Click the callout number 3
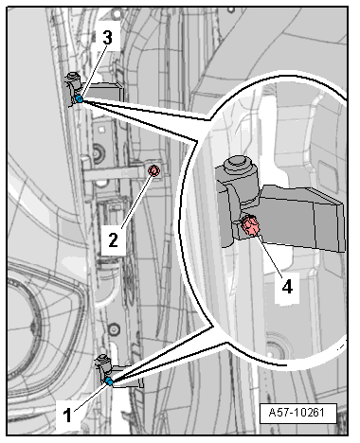point(107,38)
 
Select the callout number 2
point(113,240)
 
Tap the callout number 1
point(67,415)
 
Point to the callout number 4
point(287,287)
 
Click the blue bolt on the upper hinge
point(80,99)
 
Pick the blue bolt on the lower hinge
point(109,381)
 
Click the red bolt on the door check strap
point(154,170)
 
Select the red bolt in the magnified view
point(250,225)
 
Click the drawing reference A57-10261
point(297,413)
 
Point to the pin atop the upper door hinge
point(73,77)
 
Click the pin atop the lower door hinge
point(103,359)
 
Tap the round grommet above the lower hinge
point(114,329)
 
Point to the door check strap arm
point(117,173)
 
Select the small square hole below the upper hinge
point(101,129)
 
